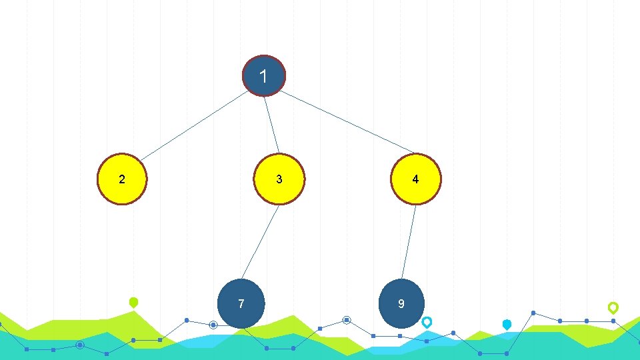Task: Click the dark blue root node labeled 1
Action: coord(264,76)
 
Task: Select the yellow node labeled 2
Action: coord(122,179)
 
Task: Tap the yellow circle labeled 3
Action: coord(279,179)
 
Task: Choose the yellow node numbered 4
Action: coord(415,179)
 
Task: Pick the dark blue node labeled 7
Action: coord(241,303)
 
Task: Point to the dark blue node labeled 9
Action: coord(401,303)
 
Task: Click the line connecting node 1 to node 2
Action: coord(193,126)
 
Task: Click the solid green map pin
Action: coord(133,303)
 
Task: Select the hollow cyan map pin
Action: coord(427,322)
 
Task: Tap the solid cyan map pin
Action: coord(507,325)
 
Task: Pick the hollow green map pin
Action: coord(613,307)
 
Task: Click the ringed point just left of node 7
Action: coord(213,325)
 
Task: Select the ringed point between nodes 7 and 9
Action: coord(347,320)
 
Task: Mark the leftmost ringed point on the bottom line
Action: coord(80,345)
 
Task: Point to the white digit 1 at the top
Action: coord(264,77)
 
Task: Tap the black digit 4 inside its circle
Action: coord(415,179)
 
